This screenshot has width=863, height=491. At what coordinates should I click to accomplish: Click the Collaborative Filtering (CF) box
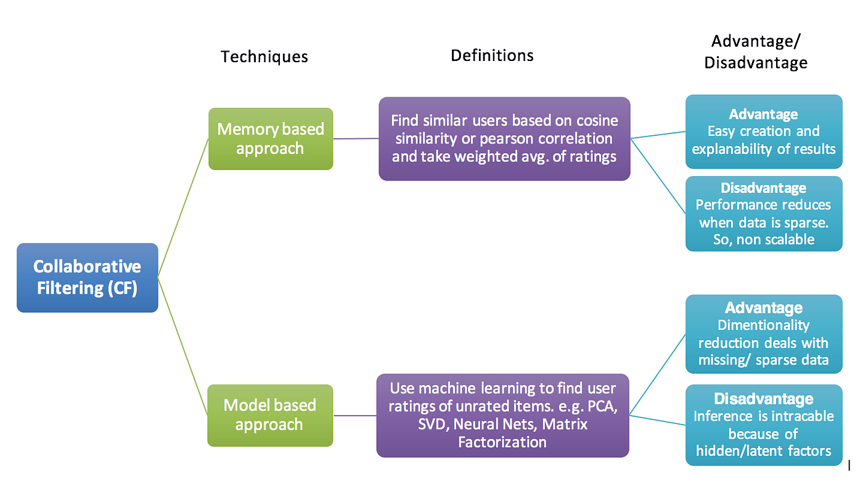[88, 277]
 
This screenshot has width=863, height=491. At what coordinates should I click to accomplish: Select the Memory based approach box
[271, 139]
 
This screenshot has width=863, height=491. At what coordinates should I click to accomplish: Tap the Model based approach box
[271, 415]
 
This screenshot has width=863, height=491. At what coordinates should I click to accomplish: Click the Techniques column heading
[264, 57]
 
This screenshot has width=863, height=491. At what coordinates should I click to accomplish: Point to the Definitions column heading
[492, 55]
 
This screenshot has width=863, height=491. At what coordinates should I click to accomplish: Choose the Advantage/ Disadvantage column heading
[756, 52]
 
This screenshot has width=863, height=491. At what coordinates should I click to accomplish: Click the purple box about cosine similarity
[504, 139]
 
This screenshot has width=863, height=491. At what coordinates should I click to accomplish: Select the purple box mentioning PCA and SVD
[502, 415]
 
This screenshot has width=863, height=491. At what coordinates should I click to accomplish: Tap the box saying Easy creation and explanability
[764, 131]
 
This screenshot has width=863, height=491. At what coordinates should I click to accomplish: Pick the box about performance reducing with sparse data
[764, 213]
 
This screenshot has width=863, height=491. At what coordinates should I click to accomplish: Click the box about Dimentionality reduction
[764, 333]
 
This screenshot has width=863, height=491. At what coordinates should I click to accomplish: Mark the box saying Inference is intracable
[764, 424]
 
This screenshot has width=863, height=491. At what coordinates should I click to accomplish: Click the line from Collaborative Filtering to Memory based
[184, 208]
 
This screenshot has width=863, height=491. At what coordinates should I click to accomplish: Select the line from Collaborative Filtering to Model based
[183, 346]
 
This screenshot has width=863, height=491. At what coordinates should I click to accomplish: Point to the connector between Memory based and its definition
[356, 139]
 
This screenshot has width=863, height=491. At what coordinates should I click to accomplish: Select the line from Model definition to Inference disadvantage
[657, 420]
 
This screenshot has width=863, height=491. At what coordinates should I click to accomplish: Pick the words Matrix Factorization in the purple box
[523, 432]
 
